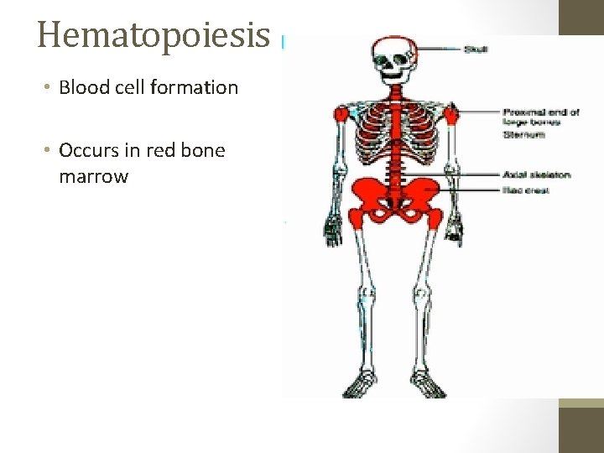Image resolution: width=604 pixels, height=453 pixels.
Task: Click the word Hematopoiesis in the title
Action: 154,35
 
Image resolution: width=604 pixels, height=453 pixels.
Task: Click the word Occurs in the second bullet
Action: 88,151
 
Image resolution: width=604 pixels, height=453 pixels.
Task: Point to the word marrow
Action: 93,177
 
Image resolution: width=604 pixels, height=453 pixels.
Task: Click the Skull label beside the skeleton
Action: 476,49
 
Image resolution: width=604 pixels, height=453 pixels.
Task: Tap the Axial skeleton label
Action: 537,174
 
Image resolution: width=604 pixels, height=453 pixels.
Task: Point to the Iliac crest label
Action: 525,191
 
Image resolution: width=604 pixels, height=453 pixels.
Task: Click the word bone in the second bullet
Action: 205,151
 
